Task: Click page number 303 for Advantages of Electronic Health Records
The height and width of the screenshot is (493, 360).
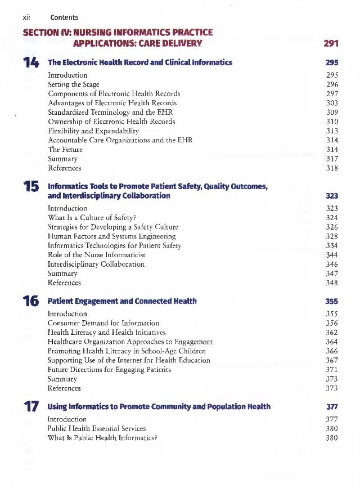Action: (x=332, y=103)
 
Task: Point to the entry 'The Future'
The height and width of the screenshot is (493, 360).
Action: (x=65, y=149)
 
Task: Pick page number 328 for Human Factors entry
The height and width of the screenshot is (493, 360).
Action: (x=332, y=236)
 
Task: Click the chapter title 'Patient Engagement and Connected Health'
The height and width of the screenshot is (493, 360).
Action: (x=122, y=301)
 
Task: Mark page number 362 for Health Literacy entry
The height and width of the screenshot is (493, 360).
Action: (x=332, y=332)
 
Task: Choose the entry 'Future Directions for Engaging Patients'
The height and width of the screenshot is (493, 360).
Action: (x=109, y=369)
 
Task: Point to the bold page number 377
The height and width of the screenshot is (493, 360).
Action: (x=331, y=406)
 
